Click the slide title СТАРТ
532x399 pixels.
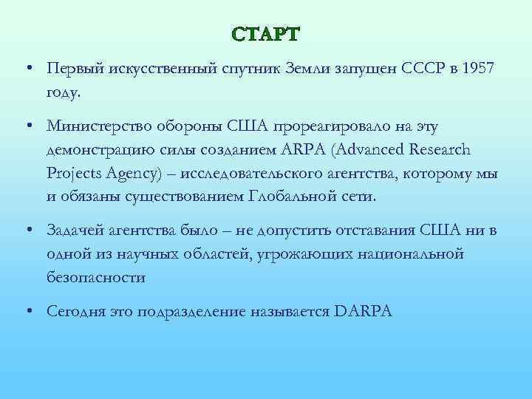click(x=266, y=35)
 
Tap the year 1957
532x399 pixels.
click(x=480, y=68)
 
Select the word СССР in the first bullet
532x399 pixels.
click(x=423, y=68)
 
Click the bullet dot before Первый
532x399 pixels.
click(x=26, y=68)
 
